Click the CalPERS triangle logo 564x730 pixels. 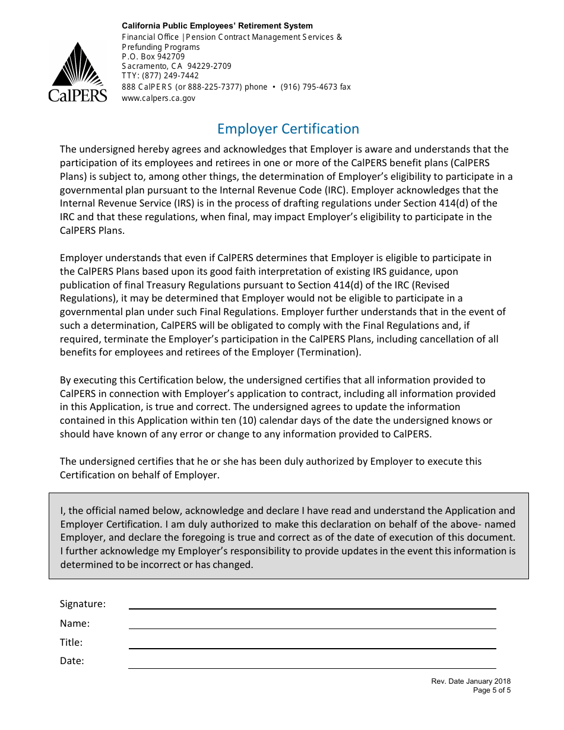point(78,71)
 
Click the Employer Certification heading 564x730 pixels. point(288,129)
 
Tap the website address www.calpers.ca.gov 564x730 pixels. point(158,98)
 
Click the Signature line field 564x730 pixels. point(312,603)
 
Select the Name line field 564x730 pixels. point(312,623)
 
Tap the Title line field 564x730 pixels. point(312,642)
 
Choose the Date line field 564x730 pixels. point(312,662)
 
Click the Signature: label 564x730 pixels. point(83,604)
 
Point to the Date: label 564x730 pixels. point(72,661)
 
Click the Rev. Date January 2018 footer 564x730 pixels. point(470,682)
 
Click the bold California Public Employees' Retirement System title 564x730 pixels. point(217,26)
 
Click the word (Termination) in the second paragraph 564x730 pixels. point(331,353)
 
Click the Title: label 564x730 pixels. point(71,642)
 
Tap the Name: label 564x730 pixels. point(75,624)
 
